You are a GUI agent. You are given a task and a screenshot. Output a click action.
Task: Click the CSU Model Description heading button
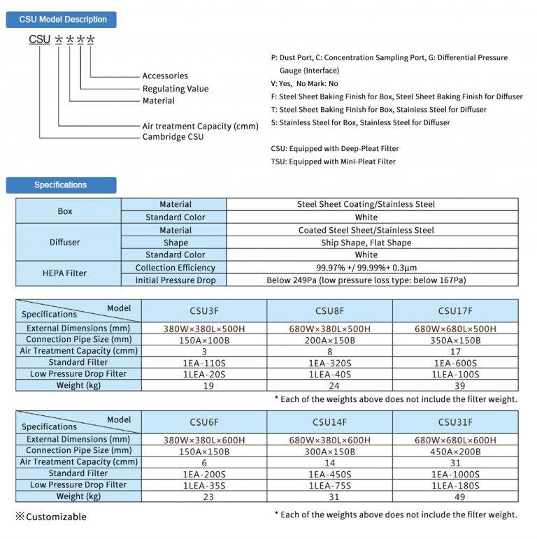pos(62,20)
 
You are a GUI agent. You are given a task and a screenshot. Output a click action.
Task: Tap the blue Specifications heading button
pos(62,185)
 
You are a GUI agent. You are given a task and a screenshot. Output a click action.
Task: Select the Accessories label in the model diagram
pos(165,76)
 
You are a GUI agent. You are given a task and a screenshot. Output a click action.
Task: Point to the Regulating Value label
pos(176,89)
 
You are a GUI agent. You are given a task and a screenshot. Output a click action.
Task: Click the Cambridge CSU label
pos(173,137)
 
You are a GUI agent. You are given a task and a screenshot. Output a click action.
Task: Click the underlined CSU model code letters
pos(40,40)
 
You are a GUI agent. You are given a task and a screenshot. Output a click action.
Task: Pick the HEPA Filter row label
pos(69,273)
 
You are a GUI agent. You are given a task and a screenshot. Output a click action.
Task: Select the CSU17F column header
pos(455,310)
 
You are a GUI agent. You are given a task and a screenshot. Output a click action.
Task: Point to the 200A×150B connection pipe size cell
pos(329,340)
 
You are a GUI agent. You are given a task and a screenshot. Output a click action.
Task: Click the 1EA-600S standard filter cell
pos(455,363)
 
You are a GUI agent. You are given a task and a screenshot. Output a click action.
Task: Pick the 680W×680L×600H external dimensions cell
pos(455,440)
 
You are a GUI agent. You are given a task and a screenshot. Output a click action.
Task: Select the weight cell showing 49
pos(455,496)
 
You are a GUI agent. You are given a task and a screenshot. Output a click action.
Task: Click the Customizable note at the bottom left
pos(51,517)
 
